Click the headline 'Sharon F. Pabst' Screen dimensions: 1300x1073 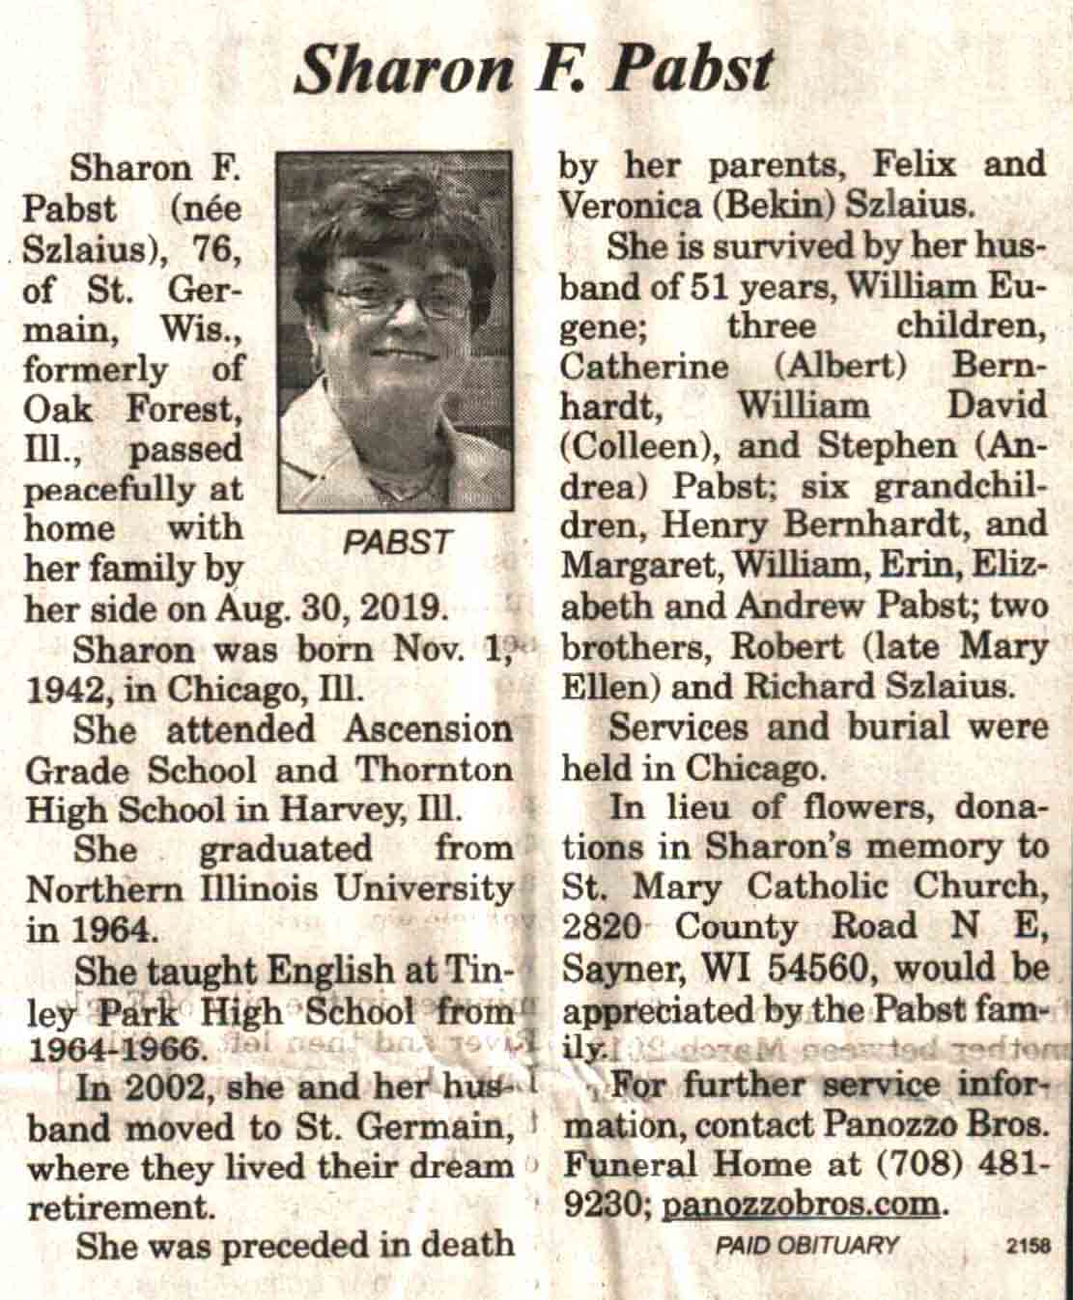534,70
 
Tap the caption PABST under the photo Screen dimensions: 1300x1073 398,543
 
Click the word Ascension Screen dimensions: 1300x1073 428,729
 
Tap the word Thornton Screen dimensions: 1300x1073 435,770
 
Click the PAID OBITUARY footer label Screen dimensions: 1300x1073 806,1245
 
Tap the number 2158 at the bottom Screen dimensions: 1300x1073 1028,1246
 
